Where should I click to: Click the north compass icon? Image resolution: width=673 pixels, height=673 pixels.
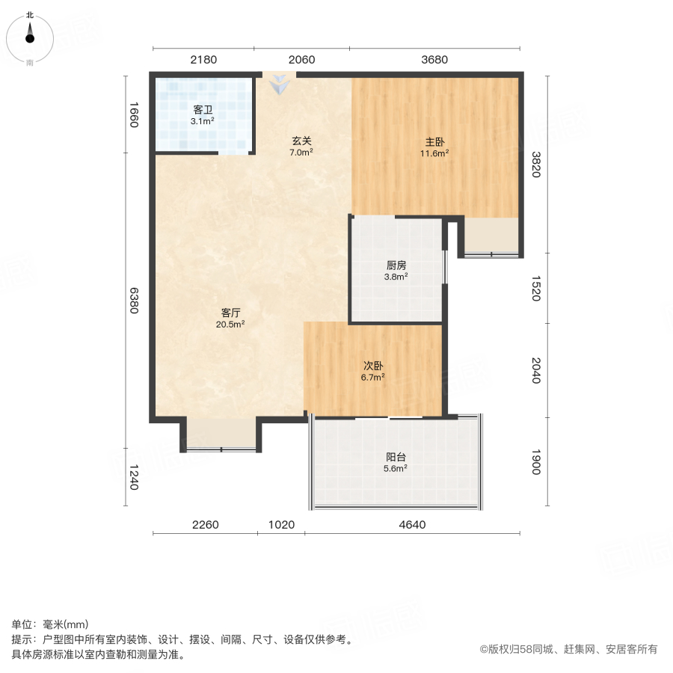click(30, 35)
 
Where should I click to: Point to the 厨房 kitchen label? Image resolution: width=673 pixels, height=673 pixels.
click(396, 265)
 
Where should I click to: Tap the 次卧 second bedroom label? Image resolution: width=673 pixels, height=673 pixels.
click(373, 366)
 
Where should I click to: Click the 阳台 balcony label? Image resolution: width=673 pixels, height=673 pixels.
click(396, 457)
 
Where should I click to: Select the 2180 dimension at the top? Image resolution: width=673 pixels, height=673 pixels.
click(203, 60)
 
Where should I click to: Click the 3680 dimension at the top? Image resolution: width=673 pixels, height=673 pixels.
click(434, 60)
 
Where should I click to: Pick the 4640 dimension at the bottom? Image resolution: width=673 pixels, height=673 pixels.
click(411, 524)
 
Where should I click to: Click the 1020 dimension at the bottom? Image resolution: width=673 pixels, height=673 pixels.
click(281, 524)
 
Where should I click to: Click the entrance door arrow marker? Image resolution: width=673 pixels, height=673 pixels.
click(279, 85)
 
